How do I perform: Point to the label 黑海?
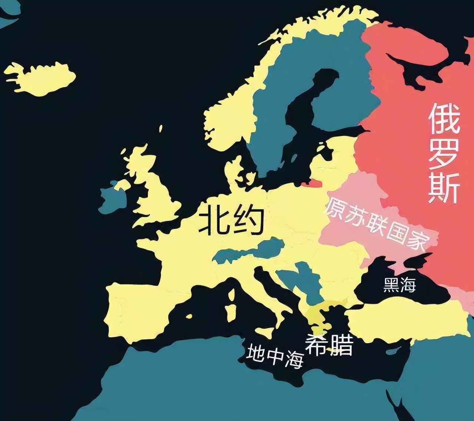[399, 285]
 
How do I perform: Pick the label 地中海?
[275, 356]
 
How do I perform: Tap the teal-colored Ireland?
[112, 200]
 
